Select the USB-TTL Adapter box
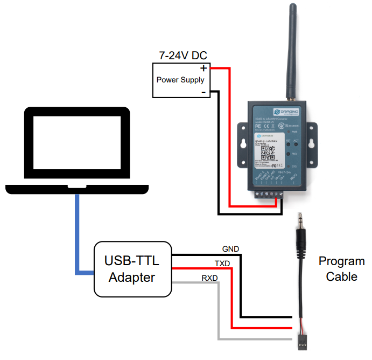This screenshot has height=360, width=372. [x=132, y=269]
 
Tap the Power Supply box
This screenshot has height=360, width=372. [x=180, y=80]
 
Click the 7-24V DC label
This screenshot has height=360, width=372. [x=183, y=56]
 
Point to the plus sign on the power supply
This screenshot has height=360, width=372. [x=203, y=68]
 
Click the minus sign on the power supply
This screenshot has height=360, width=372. [x=203, y=93]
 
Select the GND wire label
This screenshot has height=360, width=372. [x=230, y=249]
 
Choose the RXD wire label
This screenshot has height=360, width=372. [x=210, y=278]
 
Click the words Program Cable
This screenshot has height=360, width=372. [x=341, y=269]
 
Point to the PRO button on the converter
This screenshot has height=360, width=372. [x=288, y=154]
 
